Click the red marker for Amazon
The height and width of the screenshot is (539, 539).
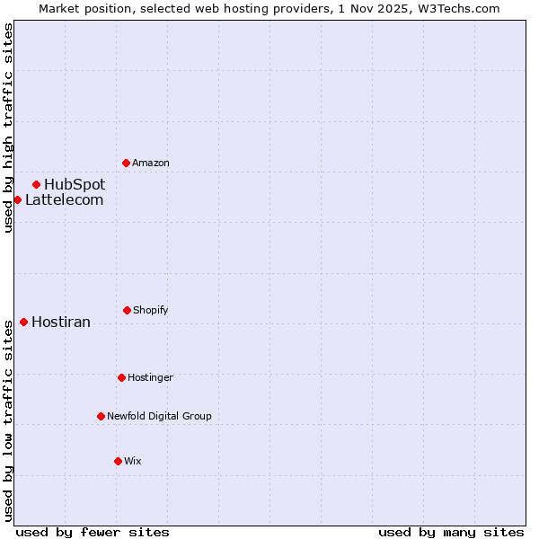point(126,163)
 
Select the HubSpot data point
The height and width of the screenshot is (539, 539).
point(36,184)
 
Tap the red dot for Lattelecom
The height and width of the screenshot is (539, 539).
point(17,199)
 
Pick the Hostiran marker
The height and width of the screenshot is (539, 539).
point(23,322)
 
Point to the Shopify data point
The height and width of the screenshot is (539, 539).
point(127,310)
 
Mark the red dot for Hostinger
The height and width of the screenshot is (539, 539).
point(121,377)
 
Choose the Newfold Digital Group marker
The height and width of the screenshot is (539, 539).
point(101,416)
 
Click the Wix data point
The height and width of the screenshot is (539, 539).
point(118,461)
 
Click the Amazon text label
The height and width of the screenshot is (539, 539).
point(151,163)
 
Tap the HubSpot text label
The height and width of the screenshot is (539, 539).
point(75,184)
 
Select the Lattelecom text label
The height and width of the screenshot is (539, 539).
point(64,199)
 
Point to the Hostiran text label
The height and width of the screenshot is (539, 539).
point(61,322)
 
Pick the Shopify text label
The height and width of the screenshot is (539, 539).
point(151,310)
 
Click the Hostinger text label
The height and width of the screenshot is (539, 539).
point(150,377)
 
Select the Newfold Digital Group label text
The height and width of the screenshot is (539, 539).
point(159,416)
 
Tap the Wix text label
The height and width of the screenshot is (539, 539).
point(133,461)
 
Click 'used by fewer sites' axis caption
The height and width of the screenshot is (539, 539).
point(93,532)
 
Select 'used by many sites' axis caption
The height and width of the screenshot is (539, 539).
point(451,532)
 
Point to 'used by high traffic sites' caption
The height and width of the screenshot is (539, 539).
point(9,128)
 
